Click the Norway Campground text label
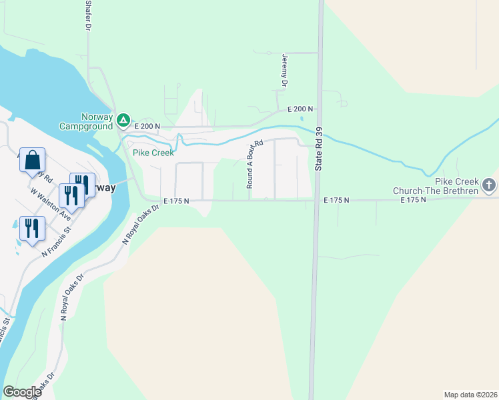(x=86, y=121)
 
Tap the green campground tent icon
(x=123, y=121)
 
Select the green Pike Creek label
(x=153, y=153)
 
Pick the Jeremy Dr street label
(x=284, y=71)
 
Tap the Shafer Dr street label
(x=87, y=15)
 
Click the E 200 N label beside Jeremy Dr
(x=300, y=109)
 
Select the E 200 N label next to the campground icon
(x=147, y=126)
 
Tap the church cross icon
(x=489, y=185)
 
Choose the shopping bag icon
(x=32, y=161)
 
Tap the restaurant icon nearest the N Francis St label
(x=32, y=228)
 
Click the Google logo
(x=22, y=391)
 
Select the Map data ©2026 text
(x=470, y=394)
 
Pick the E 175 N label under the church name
(x=413, y=200)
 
